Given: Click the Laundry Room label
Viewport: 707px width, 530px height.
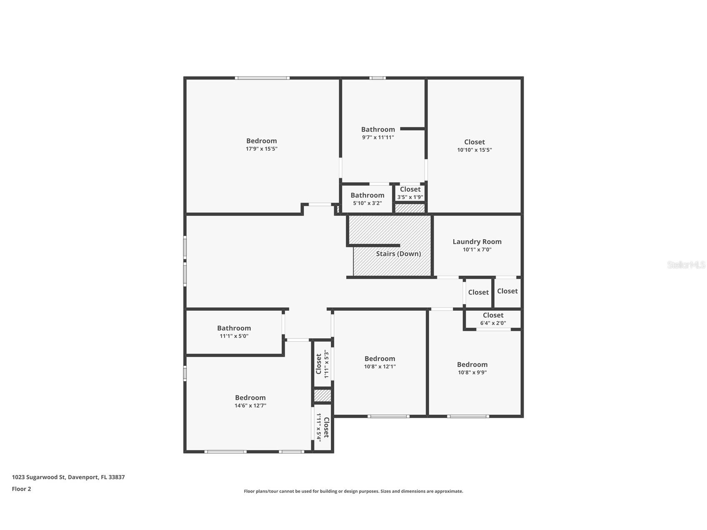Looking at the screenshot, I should click(477, 242).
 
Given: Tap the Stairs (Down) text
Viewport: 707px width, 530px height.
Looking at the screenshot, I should click(398, 254).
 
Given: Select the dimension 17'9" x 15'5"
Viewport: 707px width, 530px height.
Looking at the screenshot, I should click(261, 149).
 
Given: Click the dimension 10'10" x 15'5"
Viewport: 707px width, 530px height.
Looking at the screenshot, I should click(474, 150).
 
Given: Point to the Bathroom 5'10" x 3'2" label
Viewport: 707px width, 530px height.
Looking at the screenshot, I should click(367, 195).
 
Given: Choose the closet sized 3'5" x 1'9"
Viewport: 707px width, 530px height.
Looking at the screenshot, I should click(410, 193).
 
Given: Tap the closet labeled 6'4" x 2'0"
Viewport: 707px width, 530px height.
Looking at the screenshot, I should click(493, 319).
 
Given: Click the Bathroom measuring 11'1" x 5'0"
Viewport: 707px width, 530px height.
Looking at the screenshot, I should click(234, 332).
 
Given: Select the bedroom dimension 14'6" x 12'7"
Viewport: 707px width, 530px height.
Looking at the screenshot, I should click(250, 405).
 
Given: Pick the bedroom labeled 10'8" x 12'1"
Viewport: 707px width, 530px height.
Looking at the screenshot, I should click(380, 362).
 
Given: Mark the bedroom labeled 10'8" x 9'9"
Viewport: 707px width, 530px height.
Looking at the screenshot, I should click(472, 368).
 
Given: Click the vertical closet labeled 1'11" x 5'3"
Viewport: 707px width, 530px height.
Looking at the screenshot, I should click(322, 364).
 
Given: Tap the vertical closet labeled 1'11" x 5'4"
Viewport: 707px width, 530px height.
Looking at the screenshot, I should click(322, 427).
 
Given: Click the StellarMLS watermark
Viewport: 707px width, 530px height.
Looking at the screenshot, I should click(686, 265).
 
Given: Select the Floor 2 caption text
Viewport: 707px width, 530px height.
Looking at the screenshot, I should click(21, 489).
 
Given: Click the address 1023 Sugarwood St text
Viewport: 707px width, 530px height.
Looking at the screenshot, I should click(68, 477).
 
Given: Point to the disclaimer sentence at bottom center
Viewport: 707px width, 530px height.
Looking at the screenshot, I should click(353, 491).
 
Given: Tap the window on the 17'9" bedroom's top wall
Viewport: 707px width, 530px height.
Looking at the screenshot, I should click(262, 78).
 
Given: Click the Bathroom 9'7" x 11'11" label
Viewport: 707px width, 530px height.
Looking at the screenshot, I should click(378, 130).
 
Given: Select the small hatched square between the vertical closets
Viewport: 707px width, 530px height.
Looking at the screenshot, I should click(322, 395).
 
